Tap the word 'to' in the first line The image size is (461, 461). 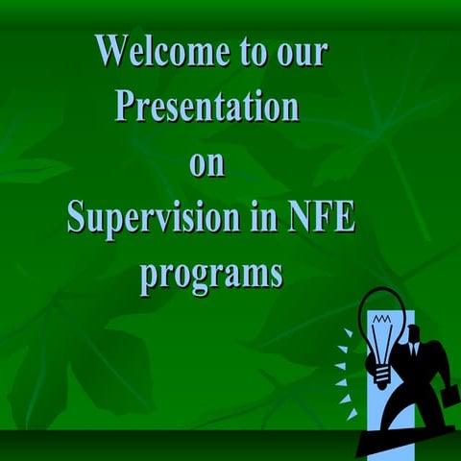point(256,51)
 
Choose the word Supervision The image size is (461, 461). point(144,219)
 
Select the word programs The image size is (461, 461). point(211,275)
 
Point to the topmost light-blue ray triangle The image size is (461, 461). point(347,333)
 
